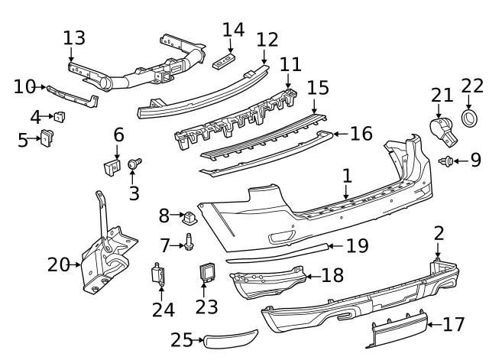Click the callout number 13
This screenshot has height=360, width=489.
[x=74, y=37]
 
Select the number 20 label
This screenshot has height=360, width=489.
[x=58, y=264]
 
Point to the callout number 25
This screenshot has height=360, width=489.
[x=182, y=339]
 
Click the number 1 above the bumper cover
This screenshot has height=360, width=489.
[x=347, y=176]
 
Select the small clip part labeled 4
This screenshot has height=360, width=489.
[x=59, y=116]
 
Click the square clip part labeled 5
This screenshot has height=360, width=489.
[x=47, y=138]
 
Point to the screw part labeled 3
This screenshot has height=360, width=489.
[x=135, y=163]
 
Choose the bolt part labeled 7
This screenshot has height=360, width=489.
[x=187, y=244]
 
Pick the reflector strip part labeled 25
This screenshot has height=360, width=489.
[x=232, y=338]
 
